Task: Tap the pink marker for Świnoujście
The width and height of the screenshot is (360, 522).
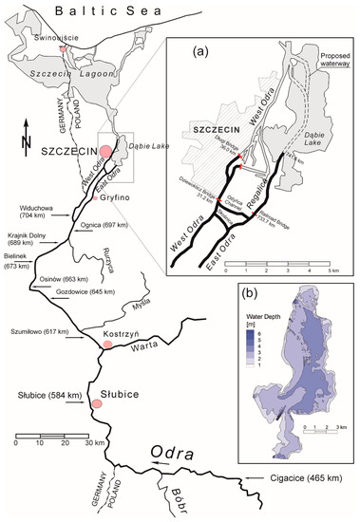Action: tap(64, 48)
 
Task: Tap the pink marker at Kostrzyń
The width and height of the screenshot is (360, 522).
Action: tap(108, 345)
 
